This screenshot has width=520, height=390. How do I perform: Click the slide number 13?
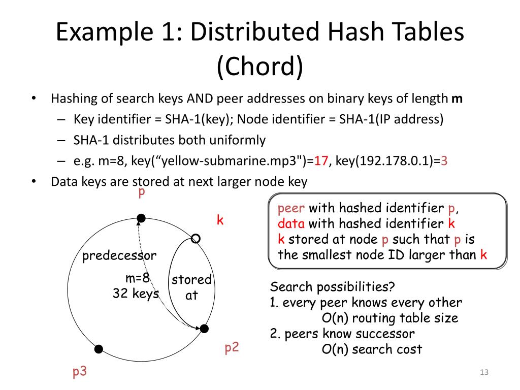pos(483,373)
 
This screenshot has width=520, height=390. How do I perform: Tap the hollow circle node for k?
pos(196,238)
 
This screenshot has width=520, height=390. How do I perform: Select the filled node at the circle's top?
pos(141,218)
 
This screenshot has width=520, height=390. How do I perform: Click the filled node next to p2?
pos(204,329)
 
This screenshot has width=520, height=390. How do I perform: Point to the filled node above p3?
pos(99,349)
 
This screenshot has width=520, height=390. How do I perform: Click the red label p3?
pos(80,372)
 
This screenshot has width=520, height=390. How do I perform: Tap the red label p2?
pos(232,348)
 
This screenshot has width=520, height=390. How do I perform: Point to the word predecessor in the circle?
pos(119,255)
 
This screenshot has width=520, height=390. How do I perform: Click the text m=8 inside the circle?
pos(138,278)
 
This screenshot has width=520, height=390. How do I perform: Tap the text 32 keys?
pos(136,293)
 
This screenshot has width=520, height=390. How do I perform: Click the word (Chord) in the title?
pos(259,67)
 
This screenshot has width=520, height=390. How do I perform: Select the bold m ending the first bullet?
pos(457,99)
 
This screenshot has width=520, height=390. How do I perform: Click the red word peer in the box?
pos(291,208)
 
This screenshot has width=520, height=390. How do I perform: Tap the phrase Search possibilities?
pos(333,287)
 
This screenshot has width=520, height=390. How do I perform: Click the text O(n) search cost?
pos(372,349)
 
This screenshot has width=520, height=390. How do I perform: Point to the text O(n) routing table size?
pos(390,318)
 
